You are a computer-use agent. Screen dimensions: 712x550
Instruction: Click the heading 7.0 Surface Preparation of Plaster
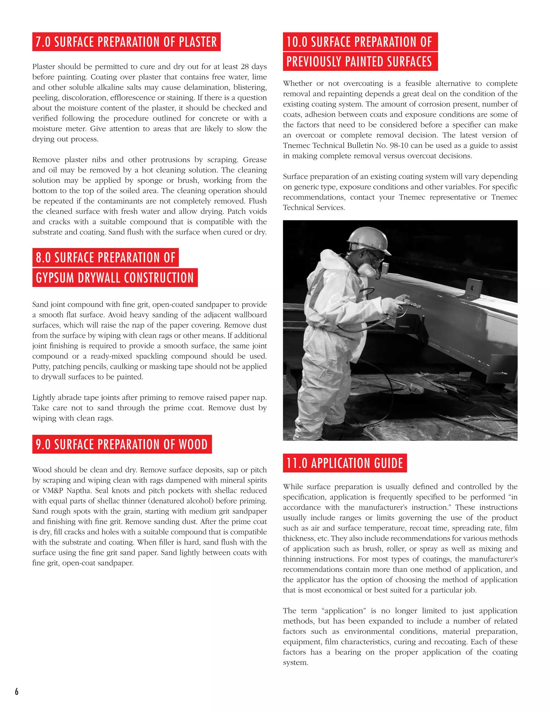126,42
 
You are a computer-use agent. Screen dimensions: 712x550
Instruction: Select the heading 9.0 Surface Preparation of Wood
122,444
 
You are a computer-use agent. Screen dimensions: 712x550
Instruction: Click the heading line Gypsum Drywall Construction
115,278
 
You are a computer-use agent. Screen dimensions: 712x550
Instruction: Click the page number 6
17,691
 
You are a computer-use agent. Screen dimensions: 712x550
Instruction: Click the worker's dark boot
339,430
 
